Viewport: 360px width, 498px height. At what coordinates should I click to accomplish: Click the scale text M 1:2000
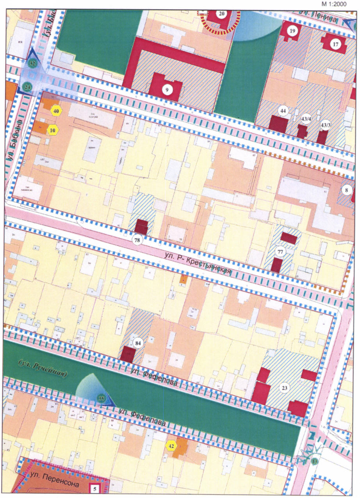tap(339, 4)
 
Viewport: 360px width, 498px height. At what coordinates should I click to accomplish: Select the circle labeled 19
tap(292, 30)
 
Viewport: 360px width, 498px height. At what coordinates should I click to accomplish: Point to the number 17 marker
tap(335, 44)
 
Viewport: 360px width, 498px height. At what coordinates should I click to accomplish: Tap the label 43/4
tap(306, 118)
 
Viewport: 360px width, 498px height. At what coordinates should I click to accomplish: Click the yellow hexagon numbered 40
tap(56, 111)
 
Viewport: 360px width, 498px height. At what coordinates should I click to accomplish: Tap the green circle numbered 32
tap(33, 63)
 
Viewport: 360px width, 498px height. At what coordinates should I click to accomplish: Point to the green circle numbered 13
tap(315, 462)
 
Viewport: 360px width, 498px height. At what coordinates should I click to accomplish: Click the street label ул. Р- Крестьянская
tap(198, 264)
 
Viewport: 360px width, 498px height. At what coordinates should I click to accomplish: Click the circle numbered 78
tap(137, 240)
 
